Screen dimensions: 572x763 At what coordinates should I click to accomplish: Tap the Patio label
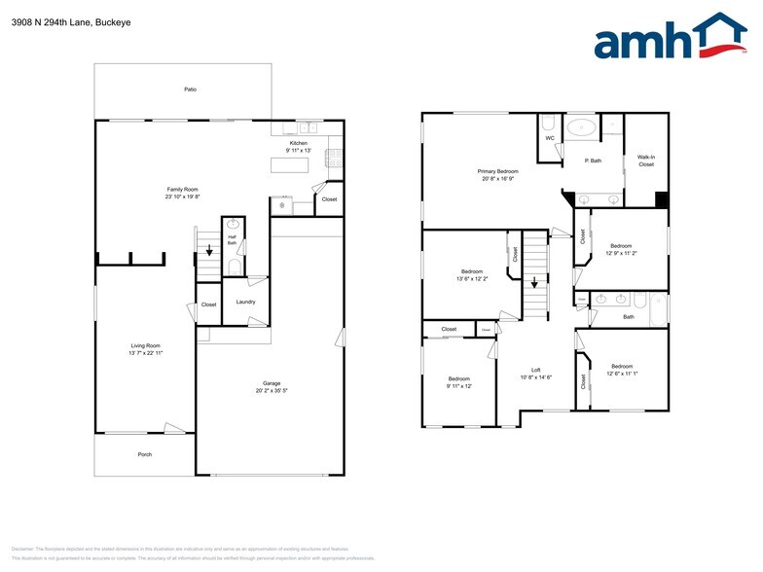click(x=191, y=89)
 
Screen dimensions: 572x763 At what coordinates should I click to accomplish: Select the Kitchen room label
click(x=298, y=143)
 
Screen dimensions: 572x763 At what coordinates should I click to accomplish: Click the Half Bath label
click(x=233, y=240)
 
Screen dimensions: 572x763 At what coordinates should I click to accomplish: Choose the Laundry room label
click(x=245, y=302)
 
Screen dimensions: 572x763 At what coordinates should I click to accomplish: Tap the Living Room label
click(x=146, y=345)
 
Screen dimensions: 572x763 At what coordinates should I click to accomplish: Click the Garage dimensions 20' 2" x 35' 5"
click(x=271, y=391)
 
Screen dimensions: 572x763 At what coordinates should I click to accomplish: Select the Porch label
click(x=144, y=454)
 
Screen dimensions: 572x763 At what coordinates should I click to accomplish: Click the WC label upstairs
click(x=550, y=138)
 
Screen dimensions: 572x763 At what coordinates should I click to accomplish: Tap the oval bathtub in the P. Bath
click(x=584, y=126)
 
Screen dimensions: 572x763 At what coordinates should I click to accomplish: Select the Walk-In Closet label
click(x=646, y=161)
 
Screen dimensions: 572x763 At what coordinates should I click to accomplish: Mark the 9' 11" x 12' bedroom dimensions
click(x=459, y=386)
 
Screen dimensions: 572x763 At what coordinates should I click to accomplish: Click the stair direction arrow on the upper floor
click(x=532, y=283)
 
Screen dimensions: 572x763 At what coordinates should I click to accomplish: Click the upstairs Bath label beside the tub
click(x=629, y=316)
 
